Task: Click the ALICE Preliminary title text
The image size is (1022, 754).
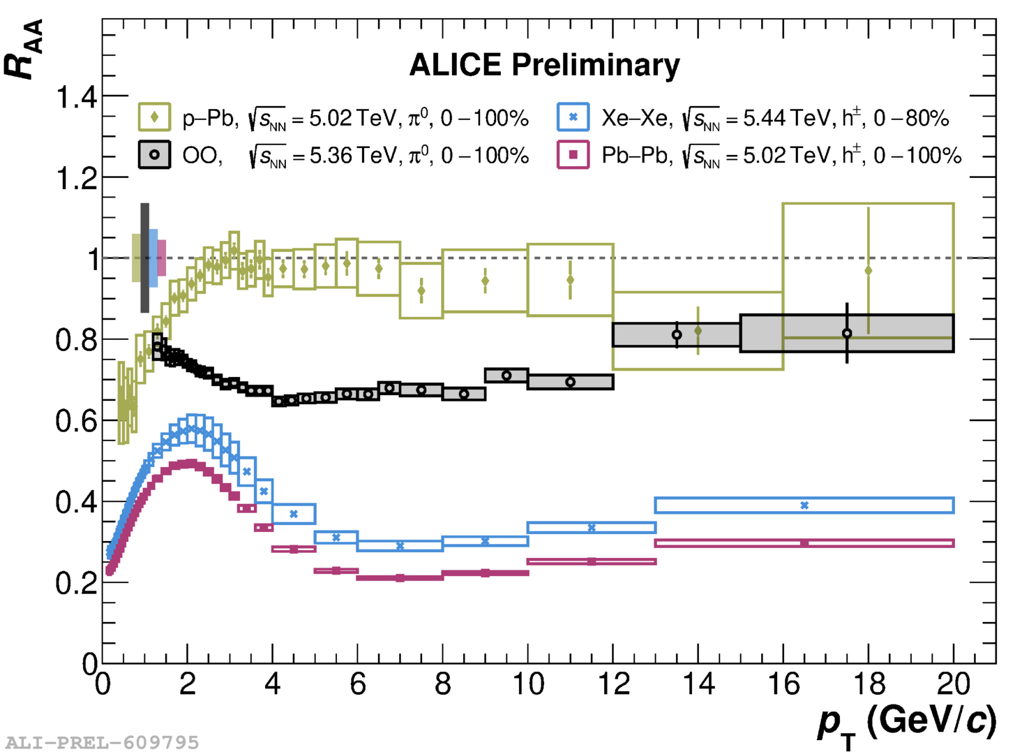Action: point(544,65)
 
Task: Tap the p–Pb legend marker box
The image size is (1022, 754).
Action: point(154,117)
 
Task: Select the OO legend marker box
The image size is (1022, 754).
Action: point(154,154)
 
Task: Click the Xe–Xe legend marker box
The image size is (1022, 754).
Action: point(573,117)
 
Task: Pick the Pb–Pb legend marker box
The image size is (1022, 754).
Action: point(573,154)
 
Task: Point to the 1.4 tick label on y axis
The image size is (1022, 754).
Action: point(77,97)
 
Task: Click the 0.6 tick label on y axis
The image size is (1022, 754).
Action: point(77,422)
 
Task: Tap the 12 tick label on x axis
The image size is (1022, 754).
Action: point(613,684)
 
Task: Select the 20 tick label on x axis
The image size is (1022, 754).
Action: point(953,684)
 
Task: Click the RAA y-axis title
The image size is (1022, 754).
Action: point(24,49)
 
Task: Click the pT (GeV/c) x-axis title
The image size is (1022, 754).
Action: point(907,723)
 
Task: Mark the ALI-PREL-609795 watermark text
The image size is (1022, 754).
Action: point(103,742)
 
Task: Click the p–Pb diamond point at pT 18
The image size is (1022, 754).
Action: point(868,271)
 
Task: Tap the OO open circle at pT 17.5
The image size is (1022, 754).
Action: point(847,334)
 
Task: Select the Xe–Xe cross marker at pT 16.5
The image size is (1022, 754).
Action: point(804,505)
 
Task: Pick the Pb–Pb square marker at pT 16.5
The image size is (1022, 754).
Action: point(804,543)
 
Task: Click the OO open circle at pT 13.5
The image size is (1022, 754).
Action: point(677,335)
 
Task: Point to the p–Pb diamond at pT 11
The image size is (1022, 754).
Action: point(570,280)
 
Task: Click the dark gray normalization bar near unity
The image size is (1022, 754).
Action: point(144,258)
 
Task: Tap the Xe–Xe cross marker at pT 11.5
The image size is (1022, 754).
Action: point(592,528)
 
